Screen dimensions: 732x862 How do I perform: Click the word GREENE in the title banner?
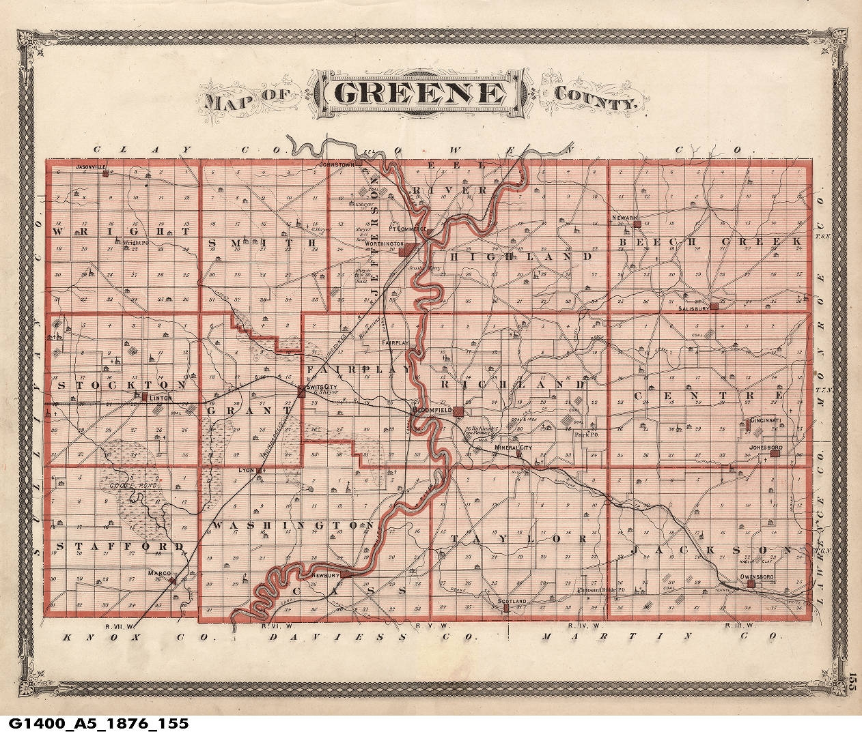[419, 93]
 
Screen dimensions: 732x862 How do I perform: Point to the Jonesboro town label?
[764, 448]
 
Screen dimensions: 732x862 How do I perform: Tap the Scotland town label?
[512, 600]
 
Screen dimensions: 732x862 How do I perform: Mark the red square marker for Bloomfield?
[460, 413]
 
